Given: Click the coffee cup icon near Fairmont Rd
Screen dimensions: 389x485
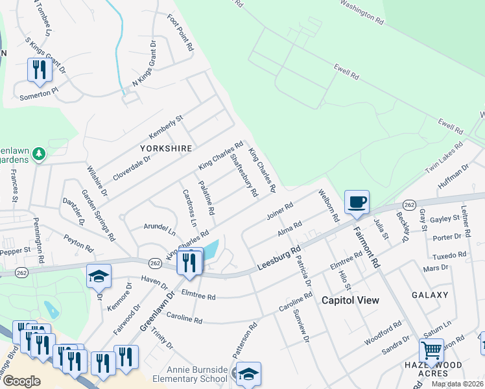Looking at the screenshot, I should (357, 202).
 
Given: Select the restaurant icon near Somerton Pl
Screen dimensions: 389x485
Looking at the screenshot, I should (40, 70).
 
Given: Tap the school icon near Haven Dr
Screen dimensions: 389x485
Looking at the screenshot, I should (99, 276).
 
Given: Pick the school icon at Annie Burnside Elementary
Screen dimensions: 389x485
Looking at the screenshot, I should (248, 374).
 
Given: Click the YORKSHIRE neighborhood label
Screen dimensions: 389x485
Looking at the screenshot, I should (166, 148).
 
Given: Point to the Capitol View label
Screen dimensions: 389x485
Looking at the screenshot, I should (351, 300).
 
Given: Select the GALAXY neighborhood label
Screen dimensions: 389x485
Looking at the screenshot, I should (430, 295).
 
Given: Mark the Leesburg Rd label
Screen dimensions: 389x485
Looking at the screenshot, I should (279, 258).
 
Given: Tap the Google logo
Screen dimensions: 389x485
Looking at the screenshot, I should (21, 381).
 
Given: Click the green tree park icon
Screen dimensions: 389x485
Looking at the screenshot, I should (40, 154).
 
